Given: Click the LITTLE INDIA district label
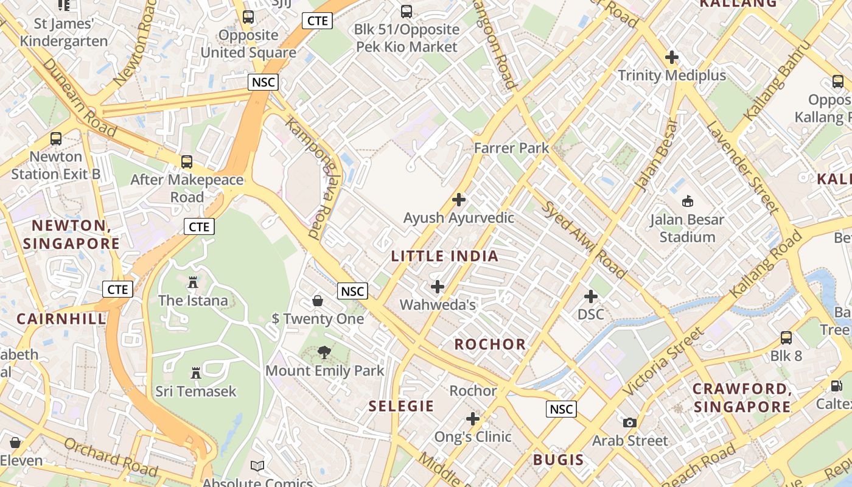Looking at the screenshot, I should click(x=444, y=256).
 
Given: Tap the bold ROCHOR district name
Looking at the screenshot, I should click(x=490, y=345).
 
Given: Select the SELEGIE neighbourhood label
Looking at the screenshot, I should click(x=401, y=406).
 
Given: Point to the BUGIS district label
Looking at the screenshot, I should click(x=558, y=460).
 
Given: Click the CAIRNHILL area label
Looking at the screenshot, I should click(x=61, y=319).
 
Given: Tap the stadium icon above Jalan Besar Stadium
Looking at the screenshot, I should click(x=688, y=201).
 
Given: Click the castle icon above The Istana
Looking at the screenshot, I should click(x=193, y=282).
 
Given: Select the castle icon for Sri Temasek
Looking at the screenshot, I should click(x=195, y=373).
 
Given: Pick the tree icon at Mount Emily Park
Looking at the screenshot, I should click(x=324, y=352).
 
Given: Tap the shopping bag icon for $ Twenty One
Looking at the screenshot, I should click(x=317, y=301).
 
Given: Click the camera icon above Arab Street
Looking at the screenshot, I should click(x=630, y=422).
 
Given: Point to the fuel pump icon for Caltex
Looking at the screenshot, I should click(x=837, y=386).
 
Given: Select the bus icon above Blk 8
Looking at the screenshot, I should click(x=786, y=338).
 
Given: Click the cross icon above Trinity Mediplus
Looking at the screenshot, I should click(x=672, y=58).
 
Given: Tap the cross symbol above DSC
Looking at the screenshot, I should click(x=590, y=296).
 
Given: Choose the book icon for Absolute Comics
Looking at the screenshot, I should click(x=257, y=466).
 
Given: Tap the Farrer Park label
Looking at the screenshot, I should click(x=511, y=148).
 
